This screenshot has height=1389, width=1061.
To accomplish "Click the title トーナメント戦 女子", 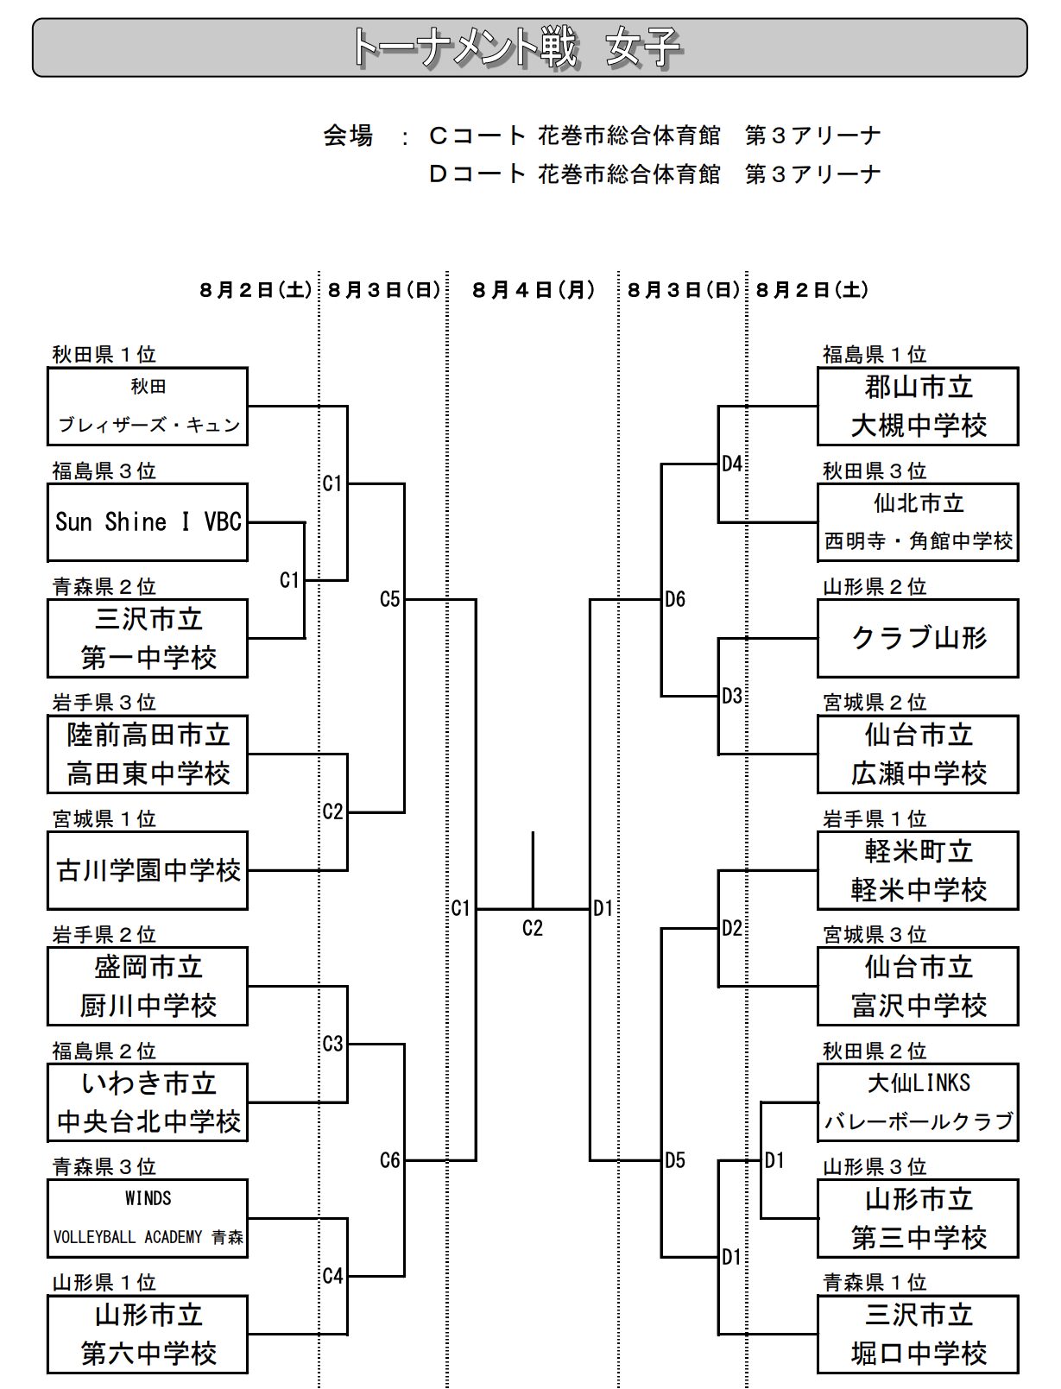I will point(516,47).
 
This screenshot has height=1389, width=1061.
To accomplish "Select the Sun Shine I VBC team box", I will point(148,522).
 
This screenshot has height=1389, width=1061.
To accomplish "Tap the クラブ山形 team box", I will point(918,638).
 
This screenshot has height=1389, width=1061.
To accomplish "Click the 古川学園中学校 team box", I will point(148,870).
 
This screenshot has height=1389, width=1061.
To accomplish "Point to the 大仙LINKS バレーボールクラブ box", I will point(918,1102).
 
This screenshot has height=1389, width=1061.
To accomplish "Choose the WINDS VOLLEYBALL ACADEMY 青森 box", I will point(148,1218).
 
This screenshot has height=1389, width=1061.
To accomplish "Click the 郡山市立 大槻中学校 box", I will point(918,406).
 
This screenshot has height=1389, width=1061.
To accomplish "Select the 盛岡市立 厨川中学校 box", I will point(148,986).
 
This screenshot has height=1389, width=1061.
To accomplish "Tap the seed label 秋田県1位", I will point(104,354).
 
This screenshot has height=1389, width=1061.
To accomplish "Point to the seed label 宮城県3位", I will point(875,934).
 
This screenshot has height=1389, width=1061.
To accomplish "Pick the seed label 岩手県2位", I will point(104,934).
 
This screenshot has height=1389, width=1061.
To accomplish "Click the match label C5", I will point(390,599).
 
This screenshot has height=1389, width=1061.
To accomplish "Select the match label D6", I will point(675,599).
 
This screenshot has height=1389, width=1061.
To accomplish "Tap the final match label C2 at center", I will point(533,928).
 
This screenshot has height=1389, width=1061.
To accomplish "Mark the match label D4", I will point(732,464).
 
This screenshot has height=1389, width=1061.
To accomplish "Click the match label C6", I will point(390,1160).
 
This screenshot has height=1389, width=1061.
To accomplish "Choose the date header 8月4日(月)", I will point(534,290).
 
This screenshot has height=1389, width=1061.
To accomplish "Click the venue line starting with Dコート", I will point(655,174).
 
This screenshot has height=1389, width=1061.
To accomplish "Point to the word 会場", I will point(348,136).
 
